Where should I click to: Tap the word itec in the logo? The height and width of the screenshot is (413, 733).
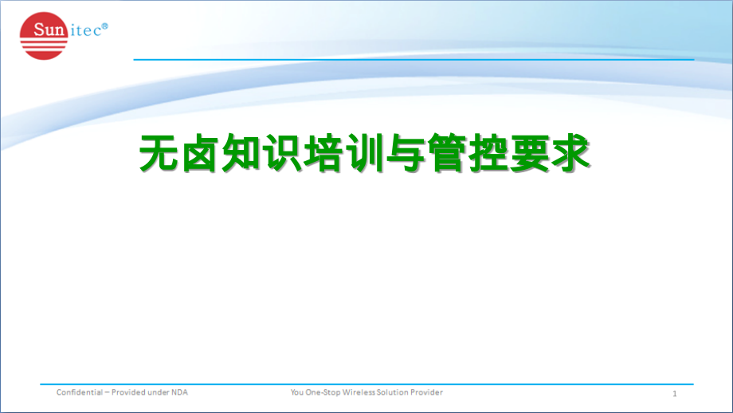[89, 30]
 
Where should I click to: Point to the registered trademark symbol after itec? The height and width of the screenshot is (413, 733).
[106, 26]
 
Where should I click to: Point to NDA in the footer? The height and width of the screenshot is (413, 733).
[179, 392]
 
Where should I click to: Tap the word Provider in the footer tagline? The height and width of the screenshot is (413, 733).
[425, 392]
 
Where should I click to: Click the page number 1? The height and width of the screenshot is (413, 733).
[674, 394]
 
